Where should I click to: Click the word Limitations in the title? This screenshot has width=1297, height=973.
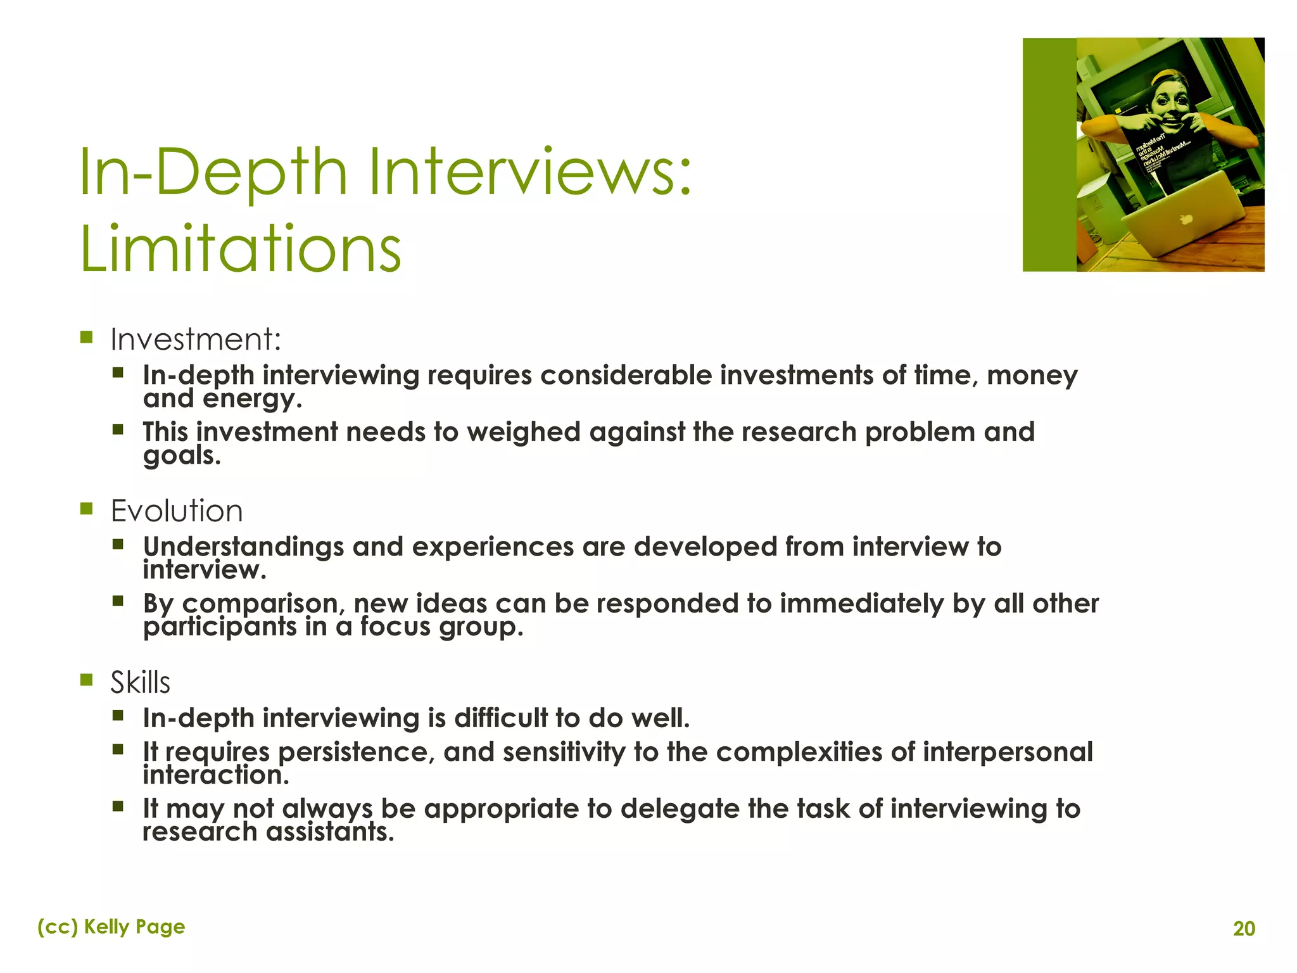241,248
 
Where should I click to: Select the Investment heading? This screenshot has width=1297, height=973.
195,340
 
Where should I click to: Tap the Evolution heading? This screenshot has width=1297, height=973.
177,511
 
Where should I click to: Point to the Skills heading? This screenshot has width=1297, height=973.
141,683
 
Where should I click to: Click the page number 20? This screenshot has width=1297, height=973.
1244,929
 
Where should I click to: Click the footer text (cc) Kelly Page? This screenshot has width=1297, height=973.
111,927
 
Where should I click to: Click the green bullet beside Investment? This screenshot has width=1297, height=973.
87,337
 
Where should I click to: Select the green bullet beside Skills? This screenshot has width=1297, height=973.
87,680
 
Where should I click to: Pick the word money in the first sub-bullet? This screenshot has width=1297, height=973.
1032,376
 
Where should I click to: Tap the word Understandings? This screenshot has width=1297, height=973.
243,547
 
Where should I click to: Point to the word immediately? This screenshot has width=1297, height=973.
861,604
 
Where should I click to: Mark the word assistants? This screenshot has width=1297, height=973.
330,832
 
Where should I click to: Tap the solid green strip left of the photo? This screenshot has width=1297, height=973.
1049,155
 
